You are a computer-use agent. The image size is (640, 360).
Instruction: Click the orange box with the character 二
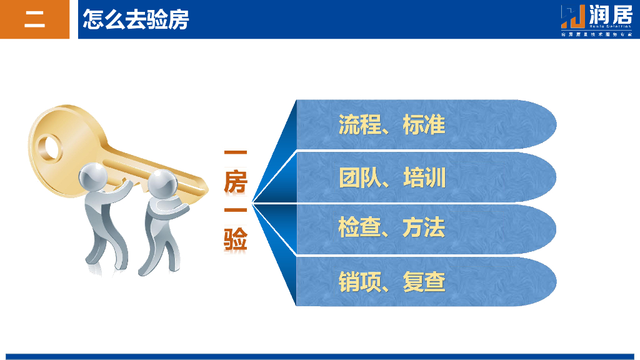pyautogui.click(x=34, y=19)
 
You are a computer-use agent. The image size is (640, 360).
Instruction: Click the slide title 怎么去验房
pyautogui.click(x=136, y=19)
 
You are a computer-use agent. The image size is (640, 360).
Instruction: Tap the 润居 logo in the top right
pyautogui.click(x=596, y=15)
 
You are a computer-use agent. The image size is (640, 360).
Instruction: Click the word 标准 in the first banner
pyautogui.click(x=424, y=125)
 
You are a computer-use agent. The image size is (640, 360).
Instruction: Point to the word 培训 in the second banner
pyautogui.click(x=424, y=178)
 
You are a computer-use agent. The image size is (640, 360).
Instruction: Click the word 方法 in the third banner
pyautogui.click(x=424, y=228)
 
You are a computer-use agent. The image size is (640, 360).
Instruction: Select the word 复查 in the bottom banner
pyautogui.click(x=424, y=282)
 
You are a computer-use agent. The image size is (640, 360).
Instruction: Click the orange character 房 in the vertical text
pyautogui.click(x=236, y=182)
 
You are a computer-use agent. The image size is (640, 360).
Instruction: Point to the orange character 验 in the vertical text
pyautogui.click(x=236, y=239)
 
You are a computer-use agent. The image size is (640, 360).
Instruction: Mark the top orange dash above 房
pyautogui.click(x=236, y=152)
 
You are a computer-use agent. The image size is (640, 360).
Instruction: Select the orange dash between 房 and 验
pyautogui.click(x=236, y=210)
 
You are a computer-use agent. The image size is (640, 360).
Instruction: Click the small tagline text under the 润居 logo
pyautogui.click(x=596, y=34)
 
